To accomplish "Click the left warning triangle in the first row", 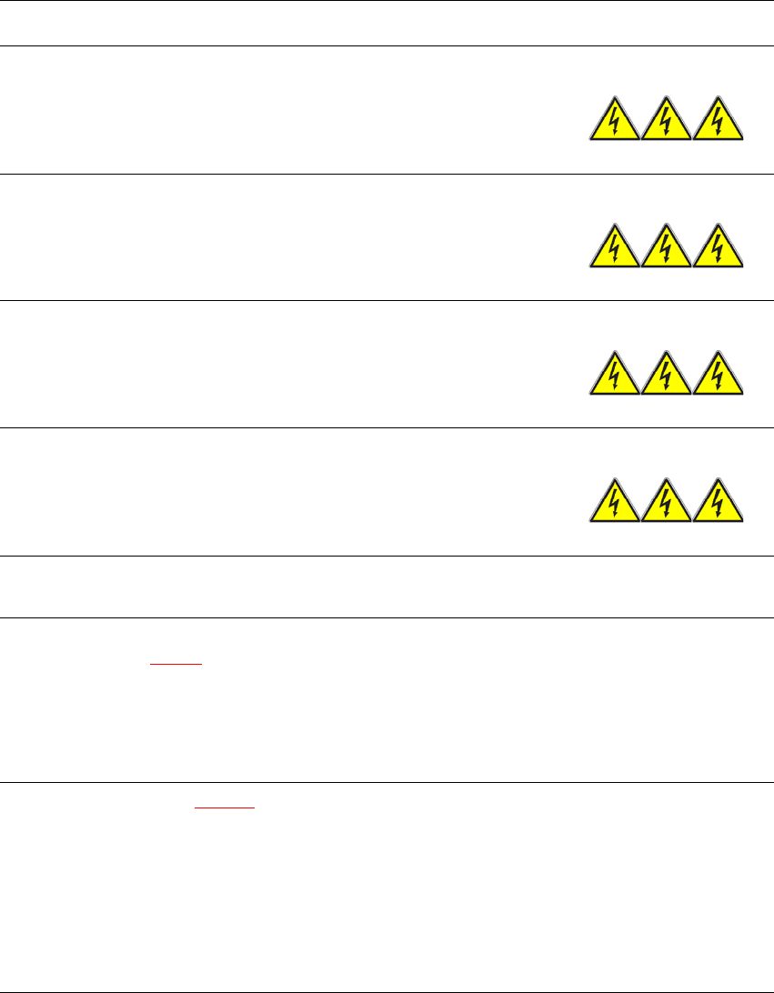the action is point(614,122).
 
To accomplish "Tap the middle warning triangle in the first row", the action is point(666,122).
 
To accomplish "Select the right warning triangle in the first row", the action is point(718,122).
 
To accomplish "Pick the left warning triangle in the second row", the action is point(614,249).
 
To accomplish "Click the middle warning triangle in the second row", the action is point(666,249).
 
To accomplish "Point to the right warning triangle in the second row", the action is point(718,249).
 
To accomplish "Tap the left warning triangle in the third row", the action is point(614,376).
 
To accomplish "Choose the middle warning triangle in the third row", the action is point(666,376).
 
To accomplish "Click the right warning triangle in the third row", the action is point(718,376).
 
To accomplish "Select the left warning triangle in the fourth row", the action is point(614,504).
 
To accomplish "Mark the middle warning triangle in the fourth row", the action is point(666,504).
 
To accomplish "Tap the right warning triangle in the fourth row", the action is point(718,504).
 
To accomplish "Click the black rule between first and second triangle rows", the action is point(387,174).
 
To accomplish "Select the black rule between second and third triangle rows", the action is point(387,301).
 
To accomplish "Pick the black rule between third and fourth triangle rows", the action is point(387,428).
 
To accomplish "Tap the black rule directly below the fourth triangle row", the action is point(387,557).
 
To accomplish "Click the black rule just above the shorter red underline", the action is point(387,618).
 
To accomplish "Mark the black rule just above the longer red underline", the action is point(387,783).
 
